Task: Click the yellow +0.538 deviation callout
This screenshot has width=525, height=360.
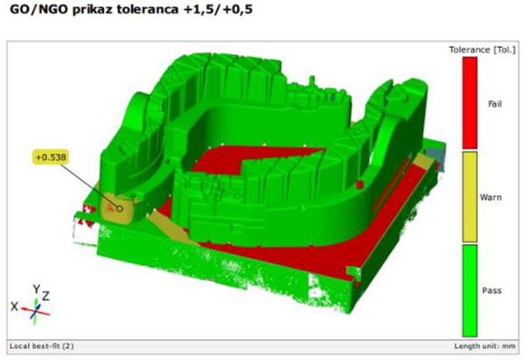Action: click(51, 157)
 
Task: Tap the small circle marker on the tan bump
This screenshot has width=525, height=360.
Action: click(119, 209)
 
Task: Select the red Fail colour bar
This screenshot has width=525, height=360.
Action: click(470, 103)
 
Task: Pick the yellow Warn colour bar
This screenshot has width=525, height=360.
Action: click(470, 197)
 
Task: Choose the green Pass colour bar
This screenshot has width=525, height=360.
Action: click(470, 290)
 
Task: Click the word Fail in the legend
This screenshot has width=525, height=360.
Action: click(495, 104)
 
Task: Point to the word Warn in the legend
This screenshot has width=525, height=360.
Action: click(491, 197)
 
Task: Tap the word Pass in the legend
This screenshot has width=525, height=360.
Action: click(492, 290)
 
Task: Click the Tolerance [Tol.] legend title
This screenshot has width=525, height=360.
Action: click(482, 50)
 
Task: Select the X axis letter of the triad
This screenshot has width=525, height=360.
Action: click(14, 306)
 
